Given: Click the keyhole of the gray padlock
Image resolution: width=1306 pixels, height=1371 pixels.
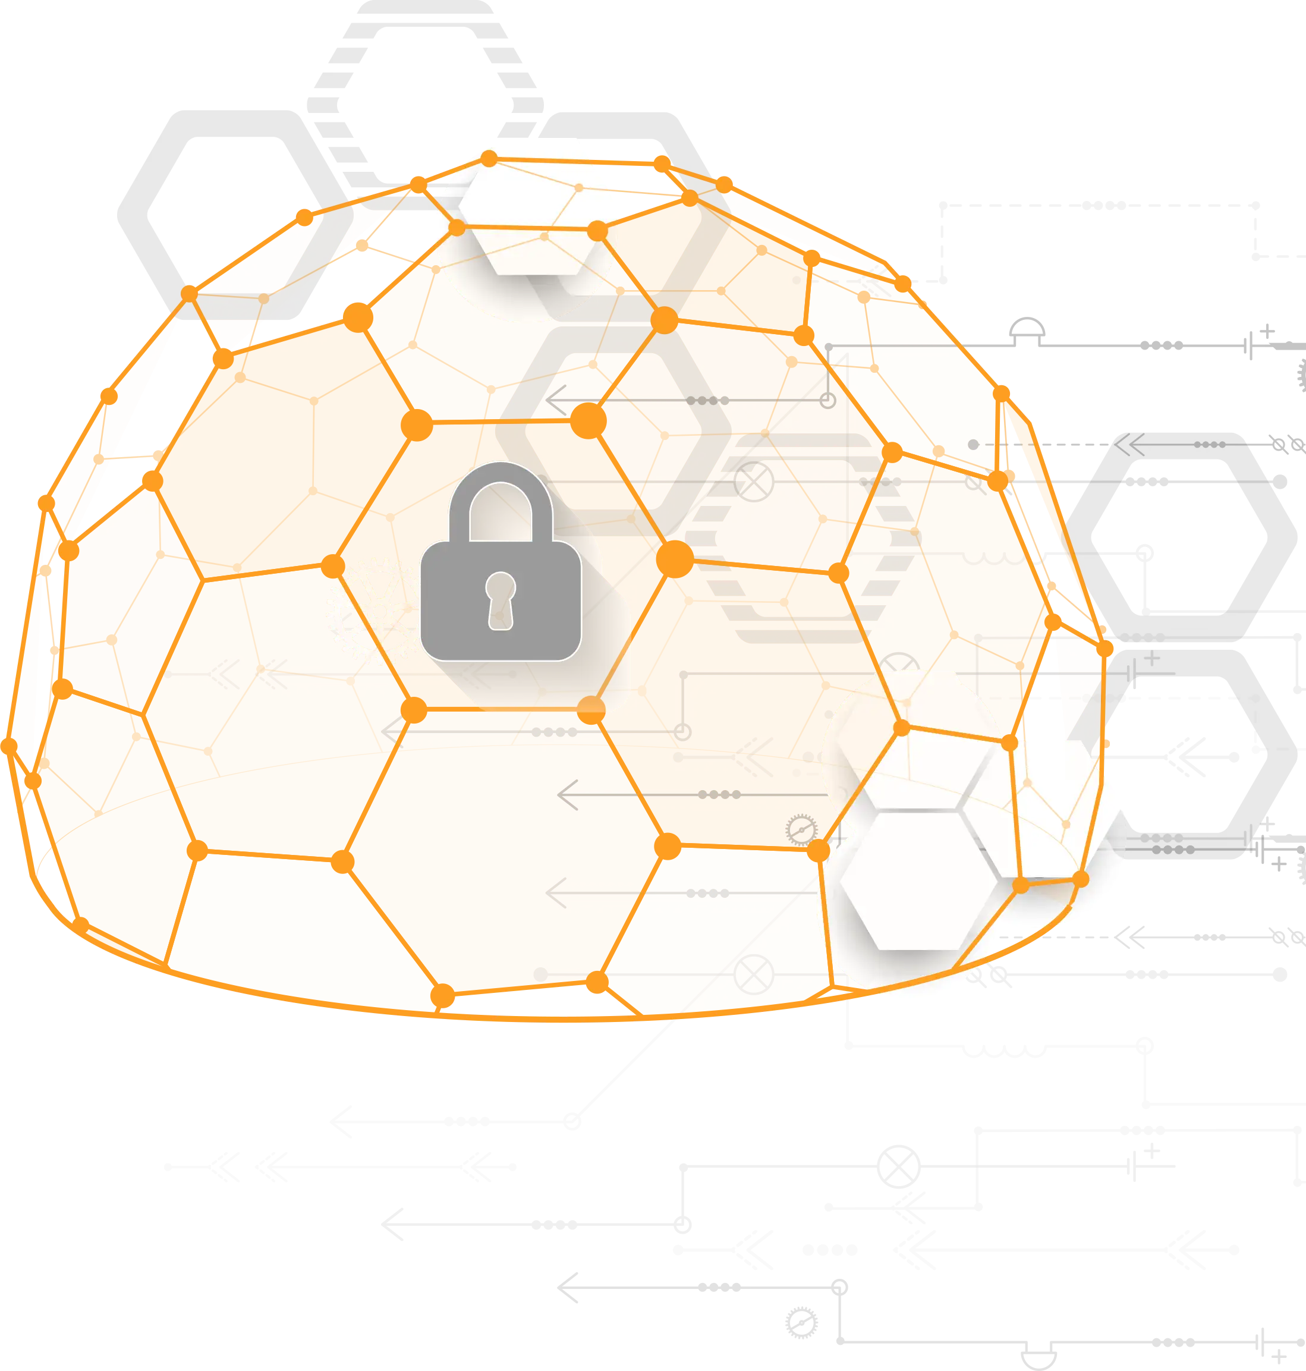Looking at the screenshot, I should click(501, 598).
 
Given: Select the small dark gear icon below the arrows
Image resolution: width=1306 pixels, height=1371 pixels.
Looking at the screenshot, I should click(801, 830).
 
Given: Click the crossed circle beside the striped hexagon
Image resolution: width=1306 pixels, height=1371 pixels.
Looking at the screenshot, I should click(754, 481).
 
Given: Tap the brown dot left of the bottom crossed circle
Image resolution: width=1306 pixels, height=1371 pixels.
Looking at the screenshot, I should click(541, 974).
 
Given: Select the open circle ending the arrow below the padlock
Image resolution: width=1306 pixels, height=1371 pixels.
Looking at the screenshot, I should click(683, 732).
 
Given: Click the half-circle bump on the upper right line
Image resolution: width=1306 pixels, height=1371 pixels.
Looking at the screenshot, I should click(1028, 330).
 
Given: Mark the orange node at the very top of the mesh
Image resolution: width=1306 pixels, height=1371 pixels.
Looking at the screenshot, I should click(489, 159).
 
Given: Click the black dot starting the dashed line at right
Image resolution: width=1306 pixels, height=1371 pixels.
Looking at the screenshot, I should click(973, 444).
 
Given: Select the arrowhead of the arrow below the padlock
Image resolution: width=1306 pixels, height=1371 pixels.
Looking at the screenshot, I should click(391, 732).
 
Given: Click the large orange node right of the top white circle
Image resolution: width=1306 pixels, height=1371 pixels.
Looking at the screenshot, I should click(597, 231).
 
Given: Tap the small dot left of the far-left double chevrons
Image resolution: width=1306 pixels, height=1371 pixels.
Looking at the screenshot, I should click(168, 674).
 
